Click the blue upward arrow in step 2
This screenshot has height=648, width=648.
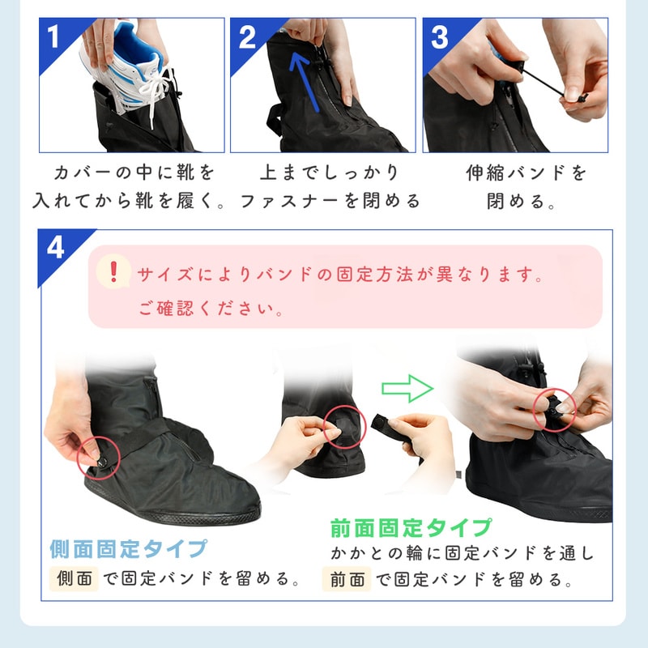[305, 83]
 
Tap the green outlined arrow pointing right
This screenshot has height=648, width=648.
[407, 388]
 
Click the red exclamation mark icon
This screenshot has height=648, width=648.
[113, 271]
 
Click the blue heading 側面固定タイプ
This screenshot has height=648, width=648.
[128, 549]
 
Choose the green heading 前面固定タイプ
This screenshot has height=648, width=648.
[411, 528]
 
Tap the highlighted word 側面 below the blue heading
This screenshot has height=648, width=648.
[75, 578]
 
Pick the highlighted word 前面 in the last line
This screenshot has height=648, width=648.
[347, 579]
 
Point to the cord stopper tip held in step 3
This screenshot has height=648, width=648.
[582, 98]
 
